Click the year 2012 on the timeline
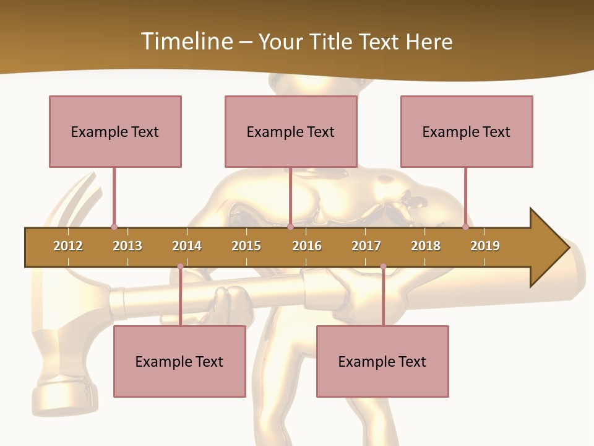(x=68, y=246)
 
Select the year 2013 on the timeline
(x=127, y=246)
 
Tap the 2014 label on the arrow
(x=187, y=246)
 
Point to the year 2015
(x=246, y=246)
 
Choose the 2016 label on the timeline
(x=307, y=246)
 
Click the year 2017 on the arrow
(x=366, y=246)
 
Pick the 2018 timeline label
(x=426, y=246)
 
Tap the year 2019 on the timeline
(x=485, y=246)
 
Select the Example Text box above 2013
(x=115, y=131)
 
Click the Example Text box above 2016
(x=291, y=131)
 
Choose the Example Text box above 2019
(x=467, y=131)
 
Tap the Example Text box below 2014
(x=179, y=361)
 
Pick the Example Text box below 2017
(x=382, y=361)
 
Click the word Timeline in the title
(x=186, y=42)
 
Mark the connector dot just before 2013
(x=114, y=227)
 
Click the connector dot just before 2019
(x=465, y=227)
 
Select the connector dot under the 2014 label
(x=180, y=266)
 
